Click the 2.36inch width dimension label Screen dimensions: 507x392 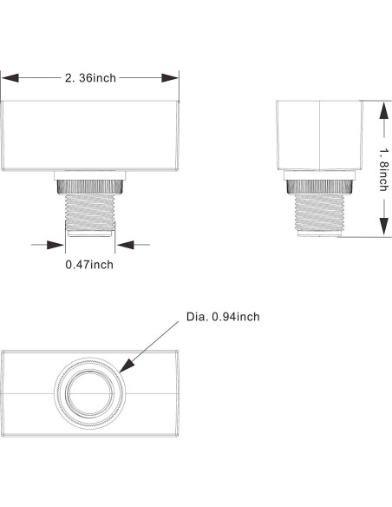tap(90, 78)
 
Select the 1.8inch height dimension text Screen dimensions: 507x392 tap(382, 169)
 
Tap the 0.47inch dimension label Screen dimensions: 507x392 tap(89, 264)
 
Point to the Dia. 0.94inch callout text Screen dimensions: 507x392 tap(223, 317)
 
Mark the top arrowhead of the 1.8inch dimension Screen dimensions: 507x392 tap(382, 105)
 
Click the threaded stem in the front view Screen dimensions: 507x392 tap(90, 208)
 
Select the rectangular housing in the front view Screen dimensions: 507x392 tap(90, 135)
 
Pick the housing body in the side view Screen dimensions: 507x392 tap(319, 135)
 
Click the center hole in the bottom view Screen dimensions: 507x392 tap(90, 392)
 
